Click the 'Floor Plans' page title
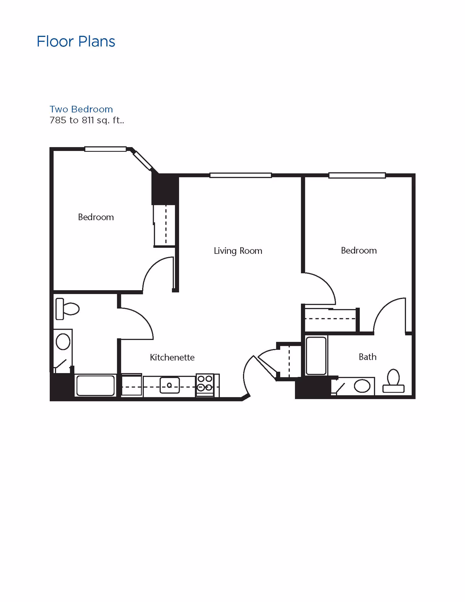[76, 41]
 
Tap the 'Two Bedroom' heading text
[81, 109]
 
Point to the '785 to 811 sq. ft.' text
[87, 120]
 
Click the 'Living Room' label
[238, 251]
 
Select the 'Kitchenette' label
[172, 357]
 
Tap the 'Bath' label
[367, 357]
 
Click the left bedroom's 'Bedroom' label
[96, 217]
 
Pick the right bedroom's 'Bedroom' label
[359, 250]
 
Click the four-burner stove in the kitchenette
[205, 383]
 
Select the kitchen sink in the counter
[170, 385]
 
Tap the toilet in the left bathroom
[67, 309]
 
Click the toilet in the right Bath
[393, 381]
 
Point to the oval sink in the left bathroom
[63, 342]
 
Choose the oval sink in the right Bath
[362, 386]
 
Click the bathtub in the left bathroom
[96, 386]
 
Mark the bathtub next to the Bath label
[316, 356]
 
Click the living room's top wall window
[241, 175]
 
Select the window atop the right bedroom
[357, 175]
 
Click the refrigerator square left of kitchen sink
[132, 385]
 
